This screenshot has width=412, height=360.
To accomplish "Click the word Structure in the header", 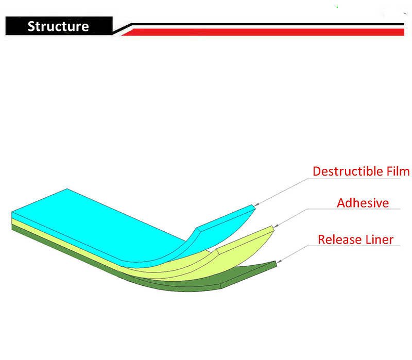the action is click(58, 26).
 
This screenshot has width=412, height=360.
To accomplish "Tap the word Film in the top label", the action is click(398, 172).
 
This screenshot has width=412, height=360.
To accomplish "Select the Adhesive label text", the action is click(363, 203).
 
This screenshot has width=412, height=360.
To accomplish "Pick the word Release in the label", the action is click(339, 239).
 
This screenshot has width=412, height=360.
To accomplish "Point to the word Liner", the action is click(380, 239).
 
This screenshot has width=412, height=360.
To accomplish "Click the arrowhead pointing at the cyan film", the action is click(256, 204).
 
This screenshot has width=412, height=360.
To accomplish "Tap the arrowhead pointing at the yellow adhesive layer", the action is click(276, 226).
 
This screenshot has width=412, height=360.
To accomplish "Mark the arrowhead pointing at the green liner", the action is click(279, 261).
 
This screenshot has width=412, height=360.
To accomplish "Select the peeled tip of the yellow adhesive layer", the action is click(273, 228).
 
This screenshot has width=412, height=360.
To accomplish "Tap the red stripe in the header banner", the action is click(263, 32).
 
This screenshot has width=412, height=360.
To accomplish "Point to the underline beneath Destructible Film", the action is click(353, 179).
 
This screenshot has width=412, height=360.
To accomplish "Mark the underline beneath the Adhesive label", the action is click(353, 209).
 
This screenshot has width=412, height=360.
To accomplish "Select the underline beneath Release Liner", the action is click(353, 246).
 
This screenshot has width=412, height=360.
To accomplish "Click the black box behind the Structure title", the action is click(59, 26).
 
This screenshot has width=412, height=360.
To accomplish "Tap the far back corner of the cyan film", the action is click(67, 189).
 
